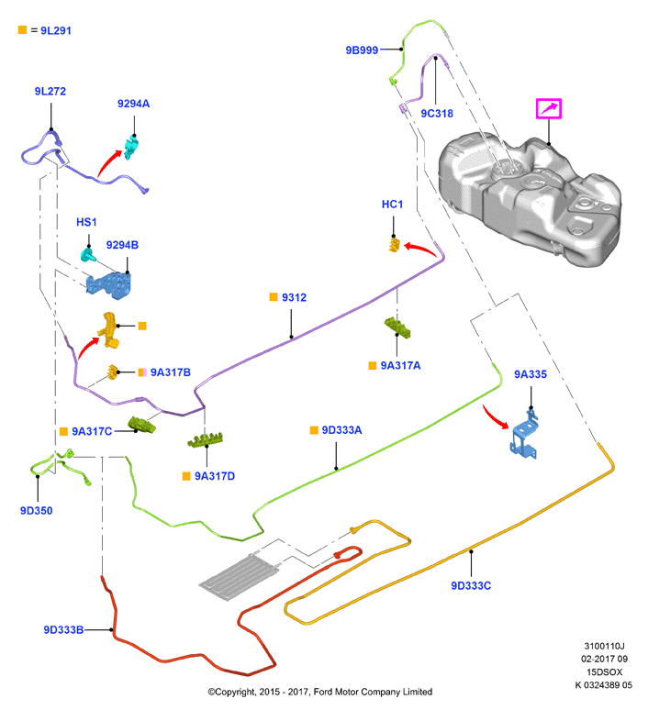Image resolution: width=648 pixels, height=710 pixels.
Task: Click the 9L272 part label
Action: tap(50, 92)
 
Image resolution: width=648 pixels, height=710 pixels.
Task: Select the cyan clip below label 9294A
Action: tap(131, 148)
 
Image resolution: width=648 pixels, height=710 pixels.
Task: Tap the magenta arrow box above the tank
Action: tap(549, 108)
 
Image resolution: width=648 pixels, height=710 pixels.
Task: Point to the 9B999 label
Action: tap(362, 50)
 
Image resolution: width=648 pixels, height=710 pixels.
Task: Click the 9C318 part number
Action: tap(437, 114)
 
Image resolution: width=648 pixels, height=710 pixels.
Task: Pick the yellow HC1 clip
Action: tap(395, 245)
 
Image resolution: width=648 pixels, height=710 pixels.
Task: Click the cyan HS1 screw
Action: tap(88, 255)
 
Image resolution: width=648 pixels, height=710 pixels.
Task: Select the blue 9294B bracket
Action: tap(109, 285)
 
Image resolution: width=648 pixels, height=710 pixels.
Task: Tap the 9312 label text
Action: tap(294, 297)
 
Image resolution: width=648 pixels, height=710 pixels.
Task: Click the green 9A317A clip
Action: tap(397, 327)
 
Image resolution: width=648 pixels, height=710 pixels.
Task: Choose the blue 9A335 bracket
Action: tap(525, 435)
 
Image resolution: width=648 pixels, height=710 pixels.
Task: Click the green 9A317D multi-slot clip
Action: tap(206, 440)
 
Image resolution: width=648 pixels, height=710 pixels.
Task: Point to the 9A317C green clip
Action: tap(142, 425)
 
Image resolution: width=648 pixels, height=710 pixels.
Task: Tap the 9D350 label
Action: tap(36, 511)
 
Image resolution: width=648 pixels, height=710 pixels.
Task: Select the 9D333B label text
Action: tap(63, 630)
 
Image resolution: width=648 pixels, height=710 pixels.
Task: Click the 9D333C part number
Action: tap(471, 586)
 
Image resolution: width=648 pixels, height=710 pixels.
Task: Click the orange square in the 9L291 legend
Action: tap(22, 30)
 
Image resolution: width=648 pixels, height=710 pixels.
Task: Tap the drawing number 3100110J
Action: tap(604, 646)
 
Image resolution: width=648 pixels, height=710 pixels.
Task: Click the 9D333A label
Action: tap(341, 430)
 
